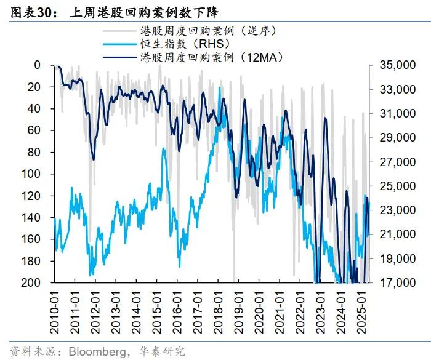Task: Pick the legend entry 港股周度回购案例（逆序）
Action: click(x=203, y=30)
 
